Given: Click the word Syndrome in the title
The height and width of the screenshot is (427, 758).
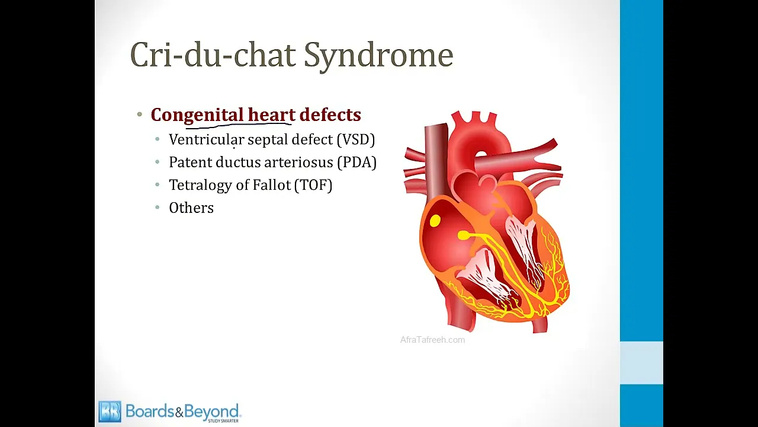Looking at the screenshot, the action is pyautogui.click(x=378, y=56).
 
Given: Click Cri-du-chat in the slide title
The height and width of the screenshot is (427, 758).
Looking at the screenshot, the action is pyautogui.click(x=213, y=54).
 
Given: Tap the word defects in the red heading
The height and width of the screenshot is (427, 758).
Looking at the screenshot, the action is pyautogui.click(x=330, y=114).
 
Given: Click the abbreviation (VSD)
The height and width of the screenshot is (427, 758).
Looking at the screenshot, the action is pyautogui.click(x=356, y=139).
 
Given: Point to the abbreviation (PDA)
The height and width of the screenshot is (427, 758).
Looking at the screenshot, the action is pyautogui.click(x=357, y=162).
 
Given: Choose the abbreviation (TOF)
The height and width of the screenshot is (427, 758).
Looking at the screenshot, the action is pyautogui.click(x=313, y=185).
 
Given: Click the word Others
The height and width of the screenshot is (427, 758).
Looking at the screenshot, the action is pyautogui.click(x=191, y=208).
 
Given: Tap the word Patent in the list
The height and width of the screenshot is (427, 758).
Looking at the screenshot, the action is pyautogui.click(x=190, y=162).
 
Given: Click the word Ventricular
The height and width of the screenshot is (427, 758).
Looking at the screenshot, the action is pyautogui.click(x=207, y=139).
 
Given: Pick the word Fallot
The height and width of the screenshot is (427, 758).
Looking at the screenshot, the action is pyautogui.click(x=272, y=184).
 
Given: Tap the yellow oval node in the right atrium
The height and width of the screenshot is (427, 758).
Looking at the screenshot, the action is pyautogui.click(x=435, y=221).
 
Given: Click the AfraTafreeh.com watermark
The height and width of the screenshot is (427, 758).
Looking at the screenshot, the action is pyautogui.click(x=432, y=340).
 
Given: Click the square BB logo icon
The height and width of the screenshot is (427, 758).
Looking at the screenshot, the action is pyautogui.click(x=110, y=412).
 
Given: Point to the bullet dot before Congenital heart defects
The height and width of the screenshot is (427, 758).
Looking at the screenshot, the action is pyautogui.click(x=140, y=114).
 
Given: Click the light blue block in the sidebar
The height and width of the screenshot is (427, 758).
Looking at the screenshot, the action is pyautogui.click(x=641, y=363).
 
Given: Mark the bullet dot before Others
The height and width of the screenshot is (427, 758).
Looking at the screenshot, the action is pyautogui.click(x=158, y=208).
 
